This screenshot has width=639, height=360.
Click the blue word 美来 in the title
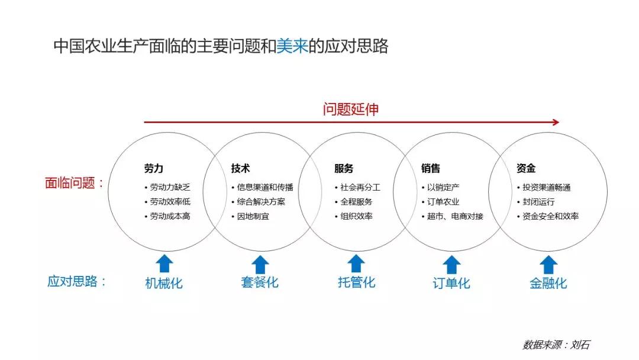[292, 46]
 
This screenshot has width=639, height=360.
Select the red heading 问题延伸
[350, 109]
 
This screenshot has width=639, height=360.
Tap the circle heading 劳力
[153, 169]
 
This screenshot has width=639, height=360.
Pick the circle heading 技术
[240, 169]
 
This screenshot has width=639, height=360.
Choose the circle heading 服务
[344, 169]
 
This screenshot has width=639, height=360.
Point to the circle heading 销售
[431, 169]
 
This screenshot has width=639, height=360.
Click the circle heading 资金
[526, 169]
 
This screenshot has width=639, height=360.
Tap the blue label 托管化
[356, 282]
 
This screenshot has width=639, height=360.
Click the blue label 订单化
[451, 283]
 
